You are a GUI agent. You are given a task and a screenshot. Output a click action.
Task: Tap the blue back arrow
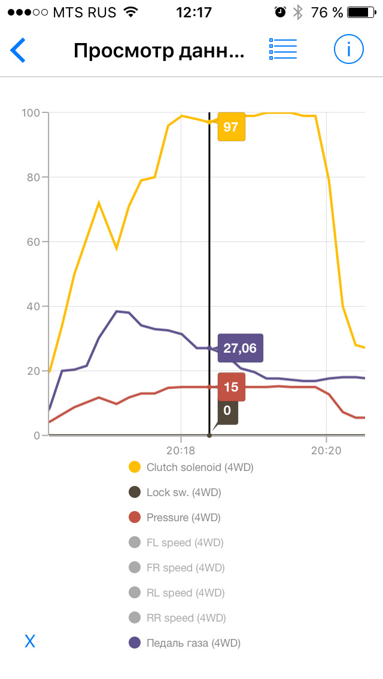(x=18, y=50)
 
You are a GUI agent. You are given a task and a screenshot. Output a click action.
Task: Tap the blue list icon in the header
(x=283, y=50)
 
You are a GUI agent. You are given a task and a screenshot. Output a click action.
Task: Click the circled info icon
(x=348, y=50)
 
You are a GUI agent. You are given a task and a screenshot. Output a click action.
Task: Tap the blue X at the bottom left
(x=30, y=642)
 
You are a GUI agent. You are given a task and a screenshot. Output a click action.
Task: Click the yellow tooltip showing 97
(x=231, y=127)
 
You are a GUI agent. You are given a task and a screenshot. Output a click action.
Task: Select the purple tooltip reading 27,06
(x=240, y=348)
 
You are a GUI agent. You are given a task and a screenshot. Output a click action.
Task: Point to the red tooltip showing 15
(x=231, y=387)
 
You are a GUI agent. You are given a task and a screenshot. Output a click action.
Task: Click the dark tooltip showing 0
(x=227, y=411)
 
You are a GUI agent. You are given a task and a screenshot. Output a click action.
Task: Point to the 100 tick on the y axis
(x=31, y=113)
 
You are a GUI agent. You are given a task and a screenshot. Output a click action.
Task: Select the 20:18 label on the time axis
(x=181, y=449)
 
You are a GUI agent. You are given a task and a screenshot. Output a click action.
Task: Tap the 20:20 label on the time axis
(x=326, y=449)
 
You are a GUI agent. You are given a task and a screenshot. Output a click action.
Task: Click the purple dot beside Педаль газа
(x=135, y=643)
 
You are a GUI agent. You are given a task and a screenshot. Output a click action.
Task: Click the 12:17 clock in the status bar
(x=194, y=12)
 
